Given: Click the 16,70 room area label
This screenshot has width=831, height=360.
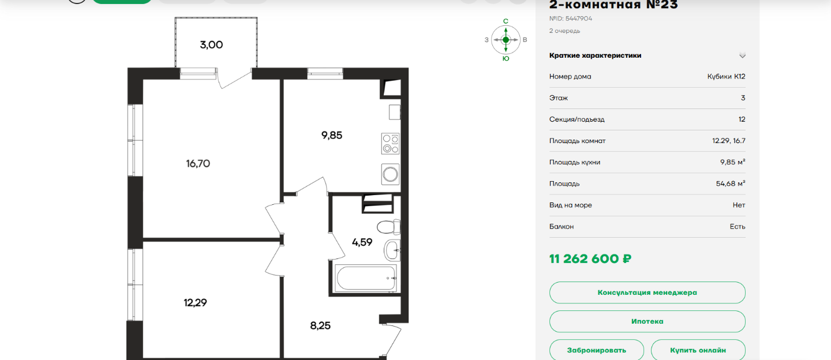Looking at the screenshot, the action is tap(198, 163).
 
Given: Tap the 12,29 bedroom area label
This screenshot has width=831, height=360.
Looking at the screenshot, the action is tap(195, 303).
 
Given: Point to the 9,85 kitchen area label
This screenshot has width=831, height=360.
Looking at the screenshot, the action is tap(332, 136).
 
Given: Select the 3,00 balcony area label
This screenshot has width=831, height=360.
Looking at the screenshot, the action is tap(211, 45).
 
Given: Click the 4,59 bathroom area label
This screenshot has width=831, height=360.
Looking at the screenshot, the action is tap(362, 242).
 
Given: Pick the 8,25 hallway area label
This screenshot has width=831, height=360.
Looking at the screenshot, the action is tap(320, 325).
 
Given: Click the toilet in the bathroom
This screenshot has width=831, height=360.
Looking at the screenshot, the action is tap(388, 227).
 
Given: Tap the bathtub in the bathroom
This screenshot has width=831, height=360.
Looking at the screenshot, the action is tap(366, 278).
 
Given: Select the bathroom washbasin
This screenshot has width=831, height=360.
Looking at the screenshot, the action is tap(392, 250).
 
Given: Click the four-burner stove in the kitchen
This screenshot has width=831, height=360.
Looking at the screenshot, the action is tap(390, 144).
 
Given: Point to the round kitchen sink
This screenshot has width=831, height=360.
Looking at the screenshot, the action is tap(390, 174).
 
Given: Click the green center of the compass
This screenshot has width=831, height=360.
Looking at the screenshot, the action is tap(506, 40).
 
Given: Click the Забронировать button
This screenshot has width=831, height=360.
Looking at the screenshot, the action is tap(597, 350).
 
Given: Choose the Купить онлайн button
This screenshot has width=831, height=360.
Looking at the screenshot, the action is tap(698, 350).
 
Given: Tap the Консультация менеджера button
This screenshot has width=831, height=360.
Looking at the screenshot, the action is tap(647, 292).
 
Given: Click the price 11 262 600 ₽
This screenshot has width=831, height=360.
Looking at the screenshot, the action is tap(590, 259).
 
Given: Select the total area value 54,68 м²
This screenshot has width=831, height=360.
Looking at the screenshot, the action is tap(731, 183).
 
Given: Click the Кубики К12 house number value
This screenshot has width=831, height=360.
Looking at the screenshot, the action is tap(726, 76).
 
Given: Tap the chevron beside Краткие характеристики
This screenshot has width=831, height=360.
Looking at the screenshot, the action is tap(742, 55).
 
